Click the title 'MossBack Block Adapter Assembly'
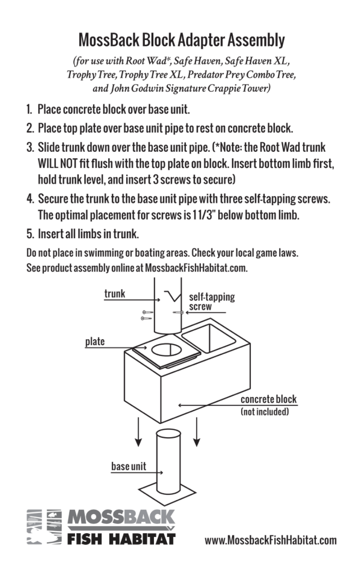(181, 39)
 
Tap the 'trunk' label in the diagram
(114, 293)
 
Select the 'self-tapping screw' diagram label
(211, 301)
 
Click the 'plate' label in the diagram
(95, 341)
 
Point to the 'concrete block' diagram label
(268, 399)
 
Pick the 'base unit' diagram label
(128, 467)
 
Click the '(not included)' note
(265, 412)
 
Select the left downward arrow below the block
(138, 431)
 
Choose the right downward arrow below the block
(197, 431)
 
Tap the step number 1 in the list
(29, 110)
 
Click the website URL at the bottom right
(271, 540)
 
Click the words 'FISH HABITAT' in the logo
(121, 538)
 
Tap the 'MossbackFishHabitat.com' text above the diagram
(196, 268)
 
